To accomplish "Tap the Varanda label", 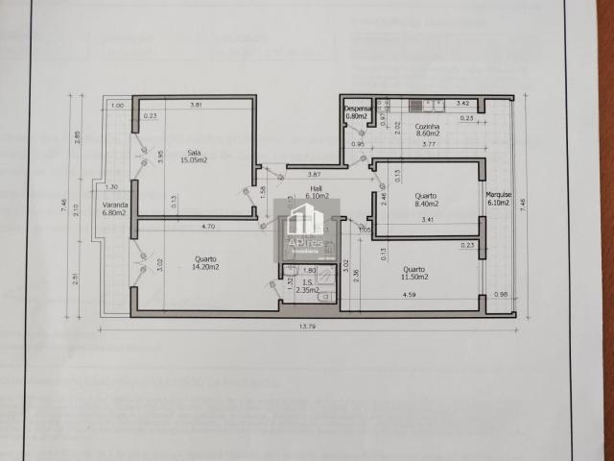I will pyautogui.click(x=115, y=206).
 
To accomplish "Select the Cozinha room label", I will pyautogui.click(x=427, y=127).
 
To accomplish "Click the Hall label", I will pyautogui.click(x=315, y=189).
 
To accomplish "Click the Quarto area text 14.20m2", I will pyautogui.click(x=205, y=269).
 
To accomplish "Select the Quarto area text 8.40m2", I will pyautogui.click(x=426, y=204).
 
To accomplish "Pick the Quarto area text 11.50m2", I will pyautogui.click(x=414, y=277).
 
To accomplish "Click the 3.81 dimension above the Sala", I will pyautogui.click(x=196, y=105).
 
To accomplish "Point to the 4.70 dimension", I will pyautogui.click(x=206, y=227).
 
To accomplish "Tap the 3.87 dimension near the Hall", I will pyautogui.click(x=314, y=174).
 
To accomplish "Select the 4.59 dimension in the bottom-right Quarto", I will pyautogui.click(x=410, y=295).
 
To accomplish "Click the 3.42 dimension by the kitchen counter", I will pyautogui.click(x=461, y=103).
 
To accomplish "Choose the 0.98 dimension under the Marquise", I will pyautogui.click(x=499, y=295).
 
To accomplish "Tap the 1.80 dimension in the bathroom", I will pyautogui.click(x=310, y=271).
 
